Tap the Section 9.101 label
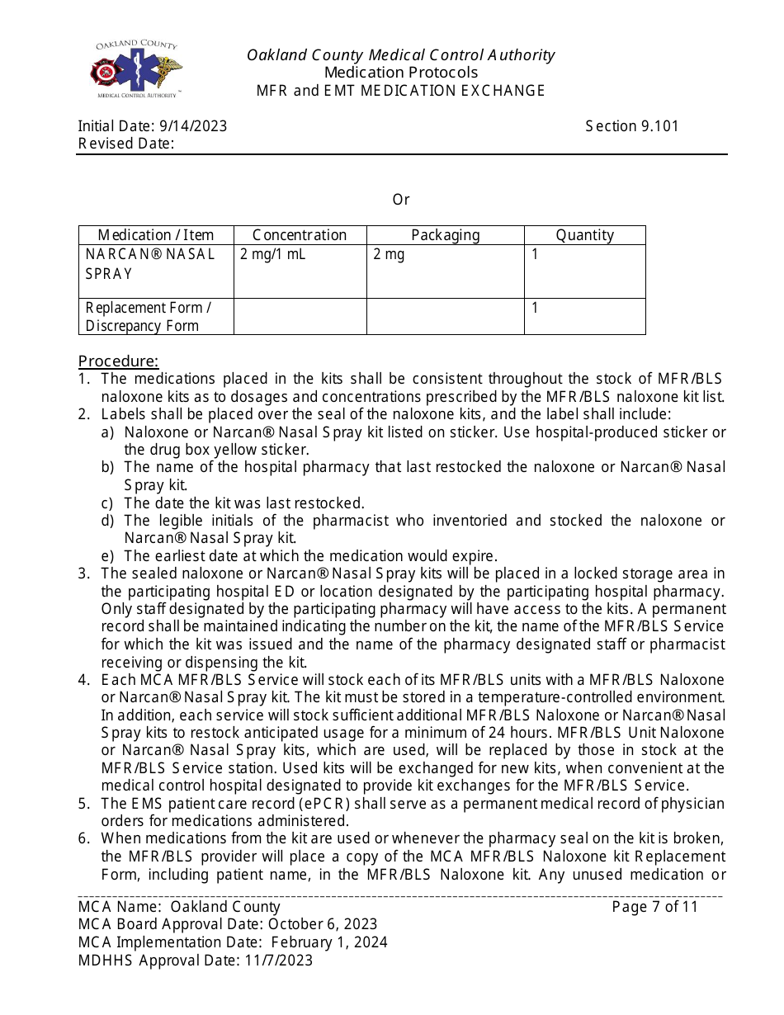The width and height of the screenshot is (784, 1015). click(632, 126)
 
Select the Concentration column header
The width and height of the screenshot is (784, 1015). click(300, 235)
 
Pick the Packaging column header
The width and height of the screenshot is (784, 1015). click(445, 235)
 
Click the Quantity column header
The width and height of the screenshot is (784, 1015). click(584, 235)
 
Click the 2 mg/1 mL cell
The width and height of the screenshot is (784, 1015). click(273, 254)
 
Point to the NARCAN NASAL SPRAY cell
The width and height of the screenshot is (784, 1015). click(149, 263)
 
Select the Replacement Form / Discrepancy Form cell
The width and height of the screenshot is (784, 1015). click(149, 317)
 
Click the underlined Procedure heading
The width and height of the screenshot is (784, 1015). click(118, 361)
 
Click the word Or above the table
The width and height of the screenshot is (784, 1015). click(401, 200)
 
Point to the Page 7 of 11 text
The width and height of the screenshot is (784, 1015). click(655, 907)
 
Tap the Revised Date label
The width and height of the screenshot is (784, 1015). click(126, 144)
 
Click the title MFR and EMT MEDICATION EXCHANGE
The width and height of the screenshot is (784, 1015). click(400, 91)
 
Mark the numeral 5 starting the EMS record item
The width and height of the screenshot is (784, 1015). click(83, 804)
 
